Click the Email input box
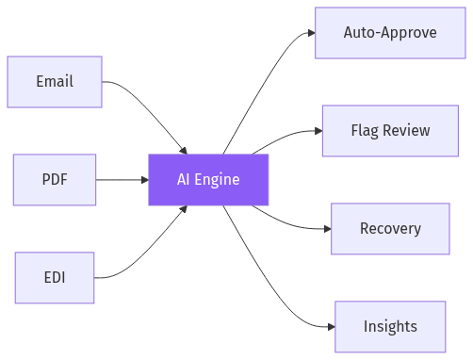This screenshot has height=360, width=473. pos(55,81)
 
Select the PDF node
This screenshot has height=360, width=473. pos(55,179)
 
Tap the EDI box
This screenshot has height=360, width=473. pos(55,277)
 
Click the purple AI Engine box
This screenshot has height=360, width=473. pos(208,179)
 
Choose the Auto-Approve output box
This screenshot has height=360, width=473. pos(389,33)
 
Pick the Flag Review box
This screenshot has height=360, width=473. pos(389,130)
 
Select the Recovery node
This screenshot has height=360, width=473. pos(389,228)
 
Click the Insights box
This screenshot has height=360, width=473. pos(389,326)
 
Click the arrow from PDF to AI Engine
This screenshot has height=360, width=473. pos(122,179)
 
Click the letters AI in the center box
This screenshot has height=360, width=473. pos(185,179)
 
